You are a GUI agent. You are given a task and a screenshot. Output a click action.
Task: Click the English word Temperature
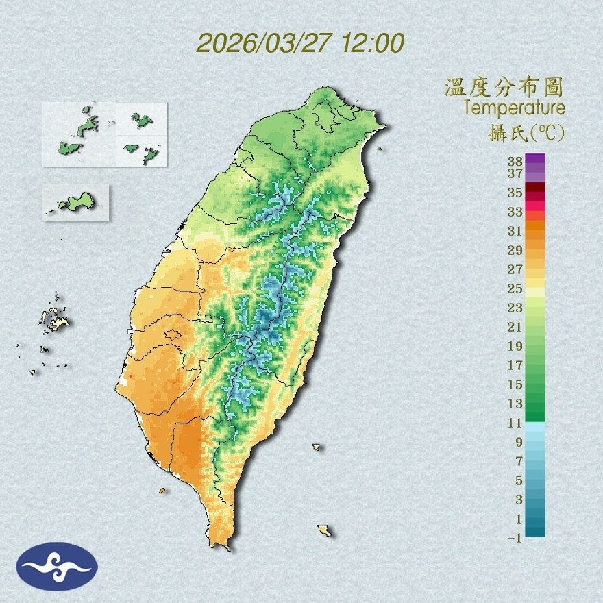[x=514, y=108]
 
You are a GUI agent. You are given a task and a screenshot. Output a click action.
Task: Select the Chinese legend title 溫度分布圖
[x=504, y=88]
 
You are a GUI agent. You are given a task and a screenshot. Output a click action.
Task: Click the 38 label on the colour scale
[x=515, y=162]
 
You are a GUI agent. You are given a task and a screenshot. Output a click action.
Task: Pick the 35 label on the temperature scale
[x=515, y=193]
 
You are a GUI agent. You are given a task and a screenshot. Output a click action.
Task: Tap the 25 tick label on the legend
[x=515, y=288]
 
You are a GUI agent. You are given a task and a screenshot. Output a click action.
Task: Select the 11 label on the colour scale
[x=515, y=423]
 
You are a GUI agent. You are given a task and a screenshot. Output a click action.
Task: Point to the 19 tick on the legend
[x=515, y=346]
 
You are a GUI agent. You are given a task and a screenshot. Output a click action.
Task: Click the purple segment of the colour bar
[x=535, y=159]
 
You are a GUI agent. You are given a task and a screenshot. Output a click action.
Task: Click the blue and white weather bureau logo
[x=57, y=566]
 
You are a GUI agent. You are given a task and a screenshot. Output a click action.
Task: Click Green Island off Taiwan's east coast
[x=317, y=447]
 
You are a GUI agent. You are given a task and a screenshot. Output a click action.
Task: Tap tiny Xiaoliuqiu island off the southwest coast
[x=162, y=491]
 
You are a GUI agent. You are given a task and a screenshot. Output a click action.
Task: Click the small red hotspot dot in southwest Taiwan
[x=130, y=376]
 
